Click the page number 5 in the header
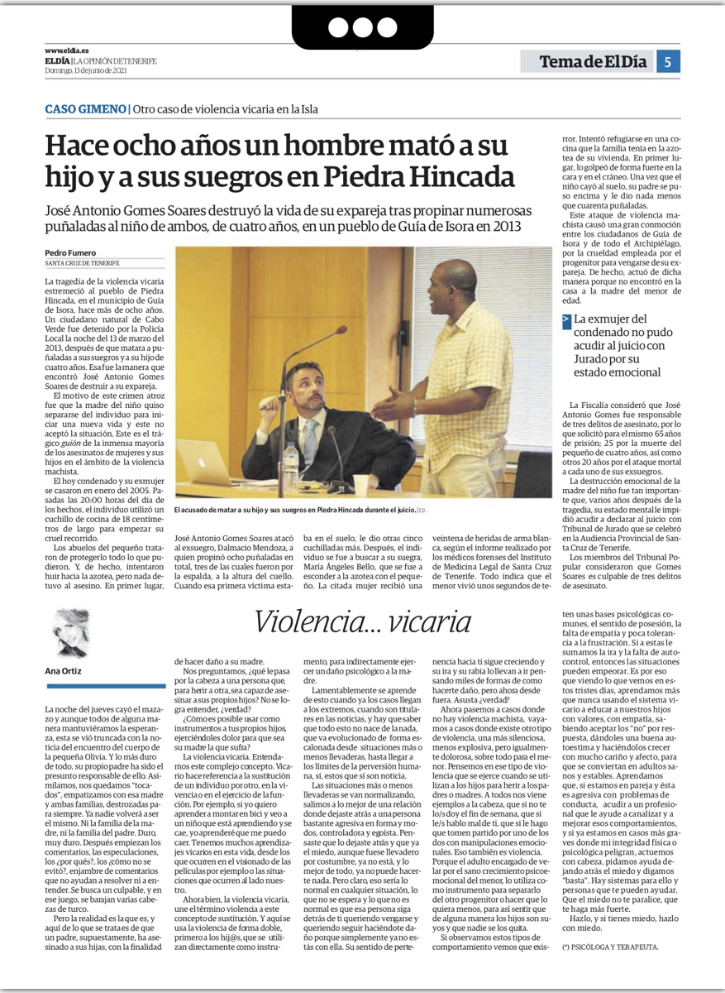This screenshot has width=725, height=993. point(667,61)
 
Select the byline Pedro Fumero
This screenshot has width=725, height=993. point(69,252)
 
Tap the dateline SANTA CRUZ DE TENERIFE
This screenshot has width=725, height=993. point(83,263)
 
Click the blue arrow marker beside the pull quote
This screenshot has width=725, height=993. point(565,320)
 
